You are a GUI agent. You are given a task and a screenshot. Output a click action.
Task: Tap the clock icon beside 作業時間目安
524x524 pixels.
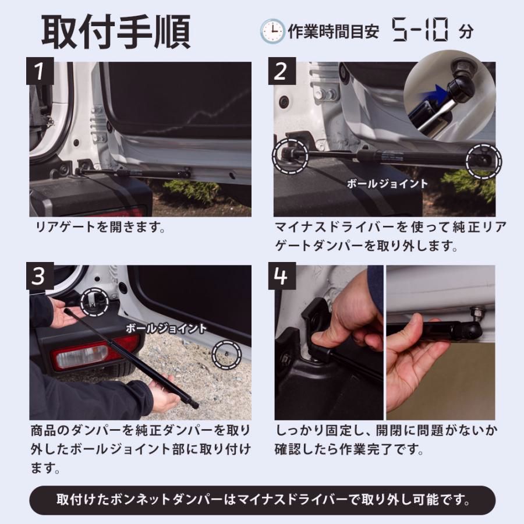tap(272, 31)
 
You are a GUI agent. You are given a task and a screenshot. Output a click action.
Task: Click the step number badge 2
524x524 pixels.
tap(281, 72)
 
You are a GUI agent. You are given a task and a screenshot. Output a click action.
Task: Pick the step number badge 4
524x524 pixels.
tap(281, 276)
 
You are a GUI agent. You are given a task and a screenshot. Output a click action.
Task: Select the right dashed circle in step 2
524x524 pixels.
tap(483, 160)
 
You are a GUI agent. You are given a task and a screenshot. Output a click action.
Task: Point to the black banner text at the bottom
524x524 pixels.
tap(262, 500)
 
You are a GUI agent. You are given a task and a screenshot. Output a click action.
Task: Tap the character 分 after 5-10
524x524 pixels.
tap(466, 31)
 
